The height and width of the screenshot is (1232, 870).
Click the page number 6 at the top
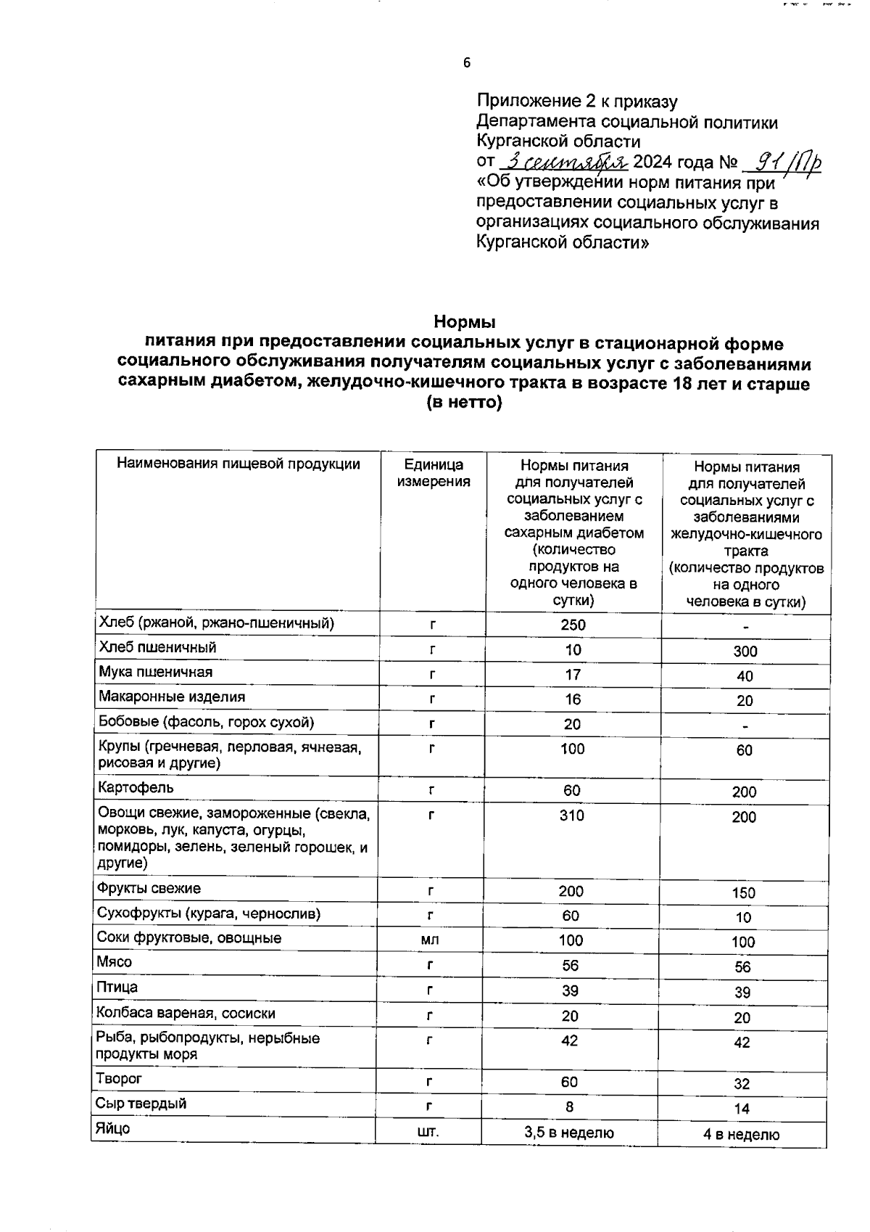click(467, 63)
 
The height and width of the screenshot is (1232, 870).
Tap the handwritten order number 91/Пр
click(787, 161)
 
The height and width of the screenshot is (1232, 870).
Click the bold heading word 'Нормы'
click(465, 321)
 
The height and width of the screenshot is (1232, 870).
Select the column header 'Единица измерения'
click(434, 473)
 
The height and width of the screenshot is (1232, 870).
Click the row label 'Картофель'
click(136, 788)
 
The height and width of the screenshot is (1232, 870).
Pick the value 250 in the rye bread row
click(573, 625)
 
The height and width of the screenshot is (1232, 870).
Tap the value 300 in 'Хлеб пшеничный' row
click(745, 652)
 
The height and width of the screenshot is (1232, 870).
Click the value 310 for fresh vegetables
click(571, 816)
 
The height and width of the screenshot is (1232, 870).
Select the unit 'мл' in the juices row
click(430, 941)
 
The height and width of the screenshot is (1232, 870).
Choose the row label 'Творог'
click(119, 1079)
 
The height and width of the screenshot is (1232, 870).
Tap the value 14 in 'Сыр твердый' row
click(741, 1109)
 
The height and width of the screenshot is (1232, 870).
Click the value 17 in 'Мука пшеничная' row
click(573, 675)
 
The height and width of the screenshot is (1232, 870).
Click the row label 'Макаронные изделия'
click(172, 697)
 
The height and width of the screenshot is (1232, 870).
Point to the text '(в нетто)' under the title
click(465, 403)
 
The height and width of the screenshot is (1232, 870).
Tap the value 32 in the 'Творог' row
click(741, 1085)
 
